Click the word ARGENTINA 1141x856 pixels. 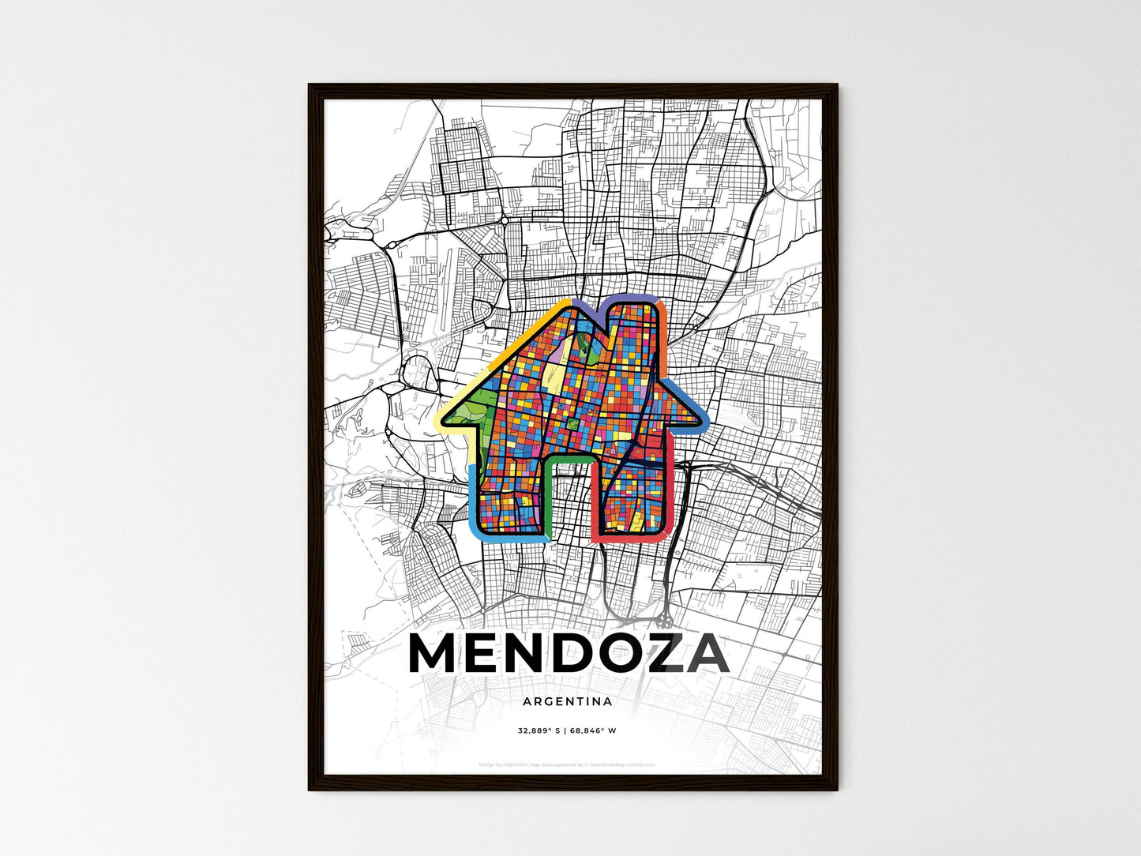[x=567, y=701]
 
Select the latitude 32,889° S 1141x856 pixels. [x=539, y=731]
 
